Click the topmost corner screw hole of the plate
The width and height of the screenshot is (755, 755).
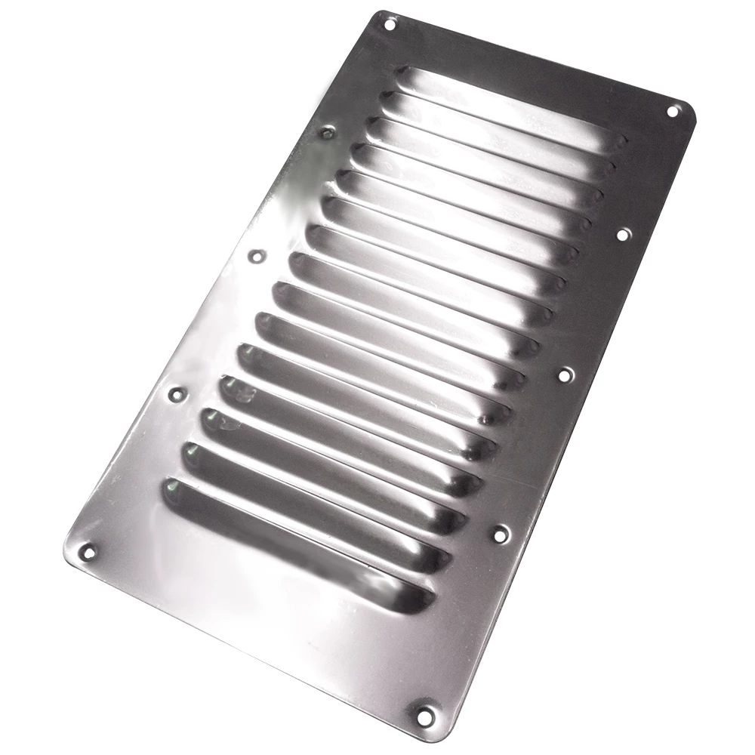click(390, 24)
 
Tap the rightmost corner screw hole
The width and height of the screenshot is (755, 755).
click(672, 111)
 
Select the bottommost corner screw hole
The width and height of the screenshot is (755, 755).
click(426, 713)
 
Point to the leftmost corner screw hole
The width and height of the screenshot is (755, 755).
click(88, 552)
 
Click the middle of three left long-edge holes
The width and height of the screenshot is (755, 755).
click(257, 256)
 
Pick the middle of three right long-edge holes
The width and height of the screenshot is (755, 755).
click(565, 374)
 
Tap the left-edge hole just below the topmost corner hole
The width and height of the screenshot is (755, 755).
click(327, 134)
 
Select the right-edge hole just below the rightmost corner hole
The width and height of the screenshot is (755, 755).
click(622, 235)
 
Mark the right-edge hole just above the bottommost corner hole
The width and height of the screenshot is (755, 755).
click(500, 534)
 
